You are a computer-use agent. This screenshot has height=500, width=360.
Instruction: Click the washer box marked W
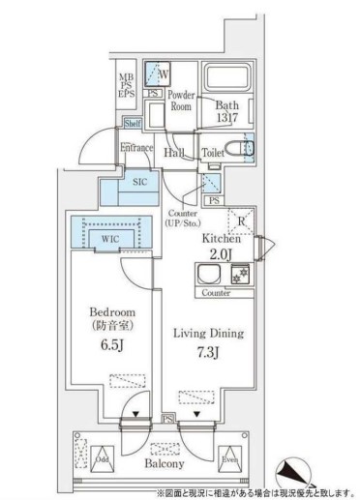tap(156, 72)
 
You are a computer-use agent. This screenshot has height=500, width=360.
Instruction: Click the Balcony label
tap(177, 462)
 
